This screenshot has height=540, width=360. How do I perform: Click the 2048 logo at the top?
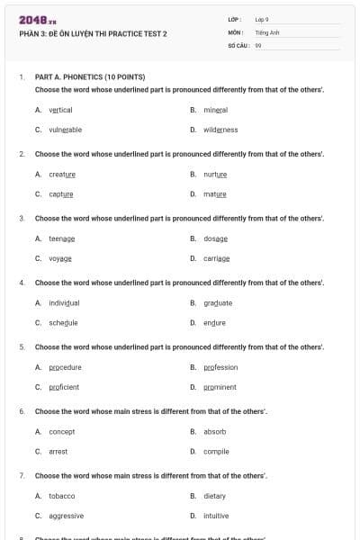tap(37, 19)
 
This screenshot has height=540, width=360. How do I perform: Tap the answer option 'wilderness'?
tap(220, 130)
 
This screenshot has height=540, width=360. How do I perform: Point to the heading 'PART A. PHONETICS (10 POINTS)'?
tap(89, 77)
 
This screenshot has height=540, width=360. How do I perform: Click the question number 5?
tap(22, 346)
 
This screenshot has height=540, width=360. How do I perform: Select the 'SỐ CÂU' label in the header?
tap(238, 44)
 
